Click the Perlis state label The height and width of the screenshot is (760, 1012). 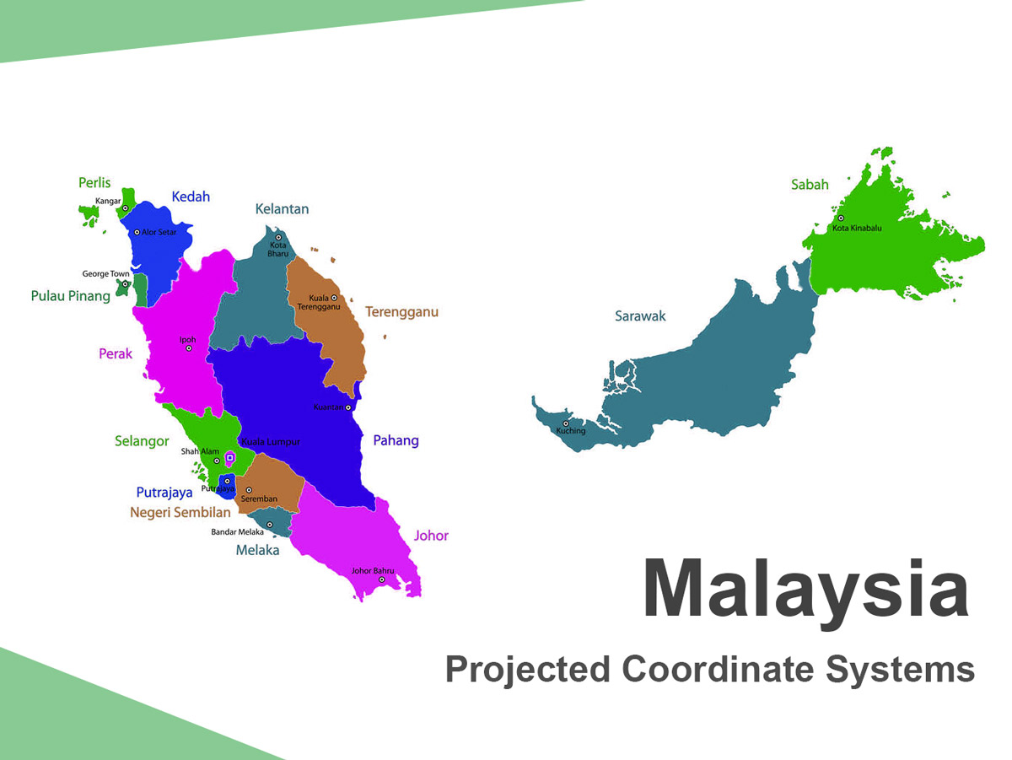click(94, 183)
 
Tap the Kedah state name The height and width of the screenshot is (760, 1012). click(191, 197)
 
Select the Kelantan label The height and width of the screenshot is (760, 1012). click(282, 209)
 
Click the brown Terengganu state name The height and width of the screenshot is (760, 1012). click(401, 312)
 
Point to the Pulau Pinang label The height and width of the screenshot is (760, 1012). click(71, 296)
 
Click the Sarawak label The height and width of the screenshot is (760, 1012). click(640, 316)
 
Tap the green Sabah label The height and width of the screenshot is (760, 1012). click(810, 185)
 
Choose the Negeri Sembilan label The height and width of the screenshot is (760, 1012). click(180, 512)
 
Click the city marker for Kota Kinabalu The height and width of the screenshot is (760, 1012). click(841, 218)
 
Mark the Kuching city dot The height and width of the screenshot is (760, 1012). click(565, 423)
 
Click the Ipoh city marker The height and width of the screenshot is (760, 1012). click(189, 348)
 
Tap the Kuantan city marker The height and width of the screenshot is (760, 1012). click(348, 407)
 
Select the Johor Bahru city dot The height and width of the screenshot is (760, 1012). click(382, 579)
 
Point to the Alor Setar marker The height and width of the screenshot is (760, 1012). click(137, 233)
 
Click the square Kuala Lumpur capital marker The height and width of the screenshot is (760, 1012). click(229, 458)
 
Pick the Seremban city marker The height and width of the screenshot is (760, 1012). click(249, 490)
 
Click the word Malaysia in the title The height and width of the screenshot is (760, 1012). click(805, 590)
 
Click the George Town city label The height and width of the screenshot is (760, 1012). click(105, 274)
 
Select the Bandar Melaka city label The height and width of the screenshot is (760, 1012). click(238, 531)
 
